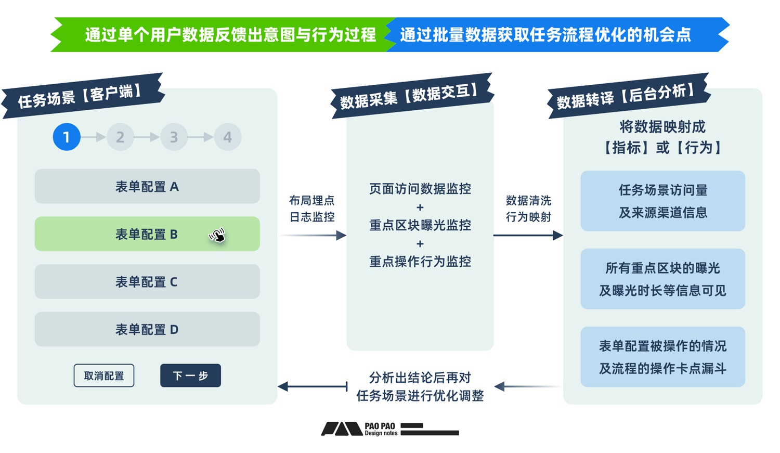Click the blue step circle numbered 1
pyautogui.click(x=67, y=137)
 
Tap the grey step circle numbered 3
pyautogui.click(x=174, y=137)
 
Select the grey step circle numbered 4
pyautogui.click(x=228, y=137)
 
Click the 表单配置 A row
pyautogui.click(x=147, y=186)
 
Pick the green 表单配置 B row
pyautogui.click(x=147, y=234)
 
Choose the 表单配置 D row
pyautogui.click(x=147, y=329)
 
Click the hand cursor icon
pyautogui.click(x=217, y=236)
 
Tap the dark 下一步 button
pyautogui.click(x=190, y=376)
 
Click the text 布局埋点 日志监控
pyautogui.click(x=312, y=209)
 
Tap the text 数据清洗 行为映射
pyautogui.click(x=528, y=209)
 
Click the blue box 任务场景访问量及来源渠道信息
pyautogui.click(x=662, y=201)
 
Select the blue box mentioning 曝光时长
pyautogui.click(x=662, y=279)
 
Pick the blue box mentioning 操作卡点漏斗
pyautogui.click(x=662, y=357)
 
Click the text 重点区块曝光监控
pyautogui.click(x=420, y=225)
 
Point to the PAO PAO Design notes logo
pyautogui.click(x=390, y=429)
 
